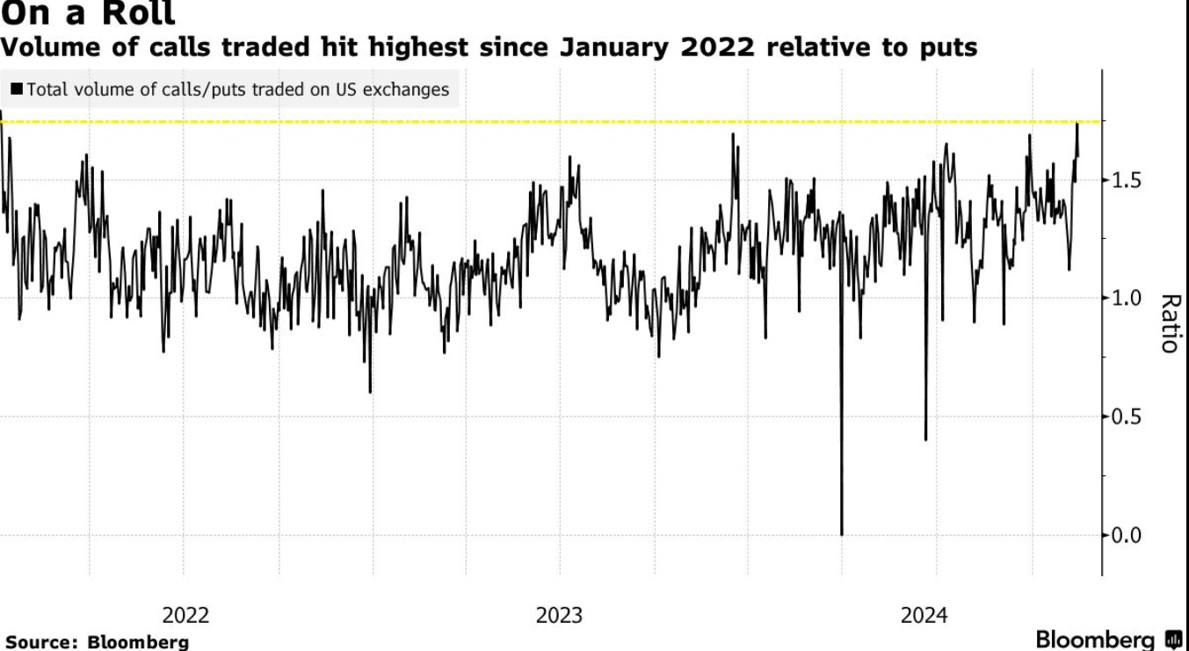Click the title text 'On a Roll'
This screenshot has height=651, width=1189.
point(88,13)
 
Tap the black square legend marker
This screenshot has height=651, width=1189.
point(17,90)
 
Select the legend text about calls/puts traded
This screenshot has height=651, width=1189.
point(237,90)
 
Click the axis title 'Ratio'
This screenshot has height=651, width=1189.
point(1168,323)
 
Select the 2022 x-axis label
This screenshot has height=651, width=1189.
point(185,615)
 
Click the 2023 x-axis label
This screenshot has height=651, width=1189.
point(559,615)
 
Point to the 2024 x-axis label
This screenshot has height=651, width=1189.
point(924,615)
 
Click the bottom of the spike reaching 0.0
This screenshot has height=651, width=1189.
point(842,532)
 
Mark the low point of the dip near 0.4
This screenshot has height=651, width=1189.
point(925,438)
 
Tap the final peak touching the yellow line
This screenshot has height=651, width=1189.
point(1077,125)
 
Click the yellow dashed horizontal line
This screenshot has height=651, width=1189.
point(527,121)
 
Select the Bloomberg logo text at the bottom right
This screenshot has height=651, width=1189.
point(1095,639)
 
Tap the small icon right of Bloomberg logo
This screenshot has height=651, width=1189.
point(1173,639)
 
